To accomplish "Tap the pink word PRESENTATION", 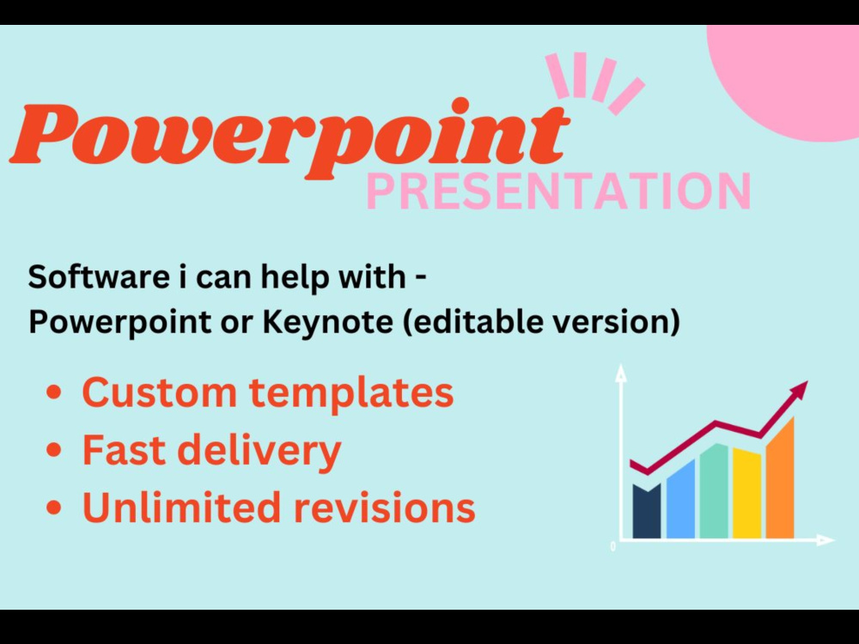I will [558, 191].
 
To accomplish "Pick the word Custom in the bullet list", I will [159, 392].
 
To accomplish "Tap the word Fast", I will [118, 450].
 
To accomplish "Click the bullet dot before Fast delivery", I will [54, 451].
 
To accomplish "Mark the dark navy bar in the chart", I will [646, 512].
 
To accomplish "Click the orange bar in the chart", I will [780, 481].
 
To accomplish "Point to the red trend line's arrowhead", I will [801, 388].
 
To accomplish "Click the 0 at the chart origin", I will [612, 546].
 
